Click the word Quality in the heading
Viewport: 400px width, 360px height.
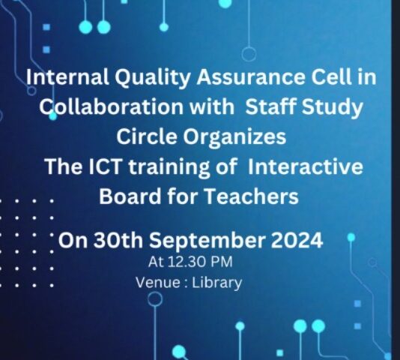pos(151,78)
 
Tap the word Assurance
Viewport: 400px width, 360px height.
pos(250,77)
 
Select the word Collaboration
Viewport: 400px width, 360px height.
pos(111,106)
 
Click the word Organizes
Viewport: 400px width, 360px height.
pos(234,136)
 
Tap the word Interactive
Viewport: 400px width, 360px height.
pos(305,166)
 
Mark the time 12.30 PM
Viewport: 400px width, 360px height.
pos(200,262)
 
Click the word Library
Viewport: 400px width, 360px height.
pos(216,283)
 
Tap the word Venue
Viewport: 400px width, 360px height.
pos(158,283)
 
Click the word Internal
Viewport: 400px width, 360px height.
pos(67,77)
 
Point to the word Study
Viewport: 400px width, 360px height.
pos(332,107)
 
